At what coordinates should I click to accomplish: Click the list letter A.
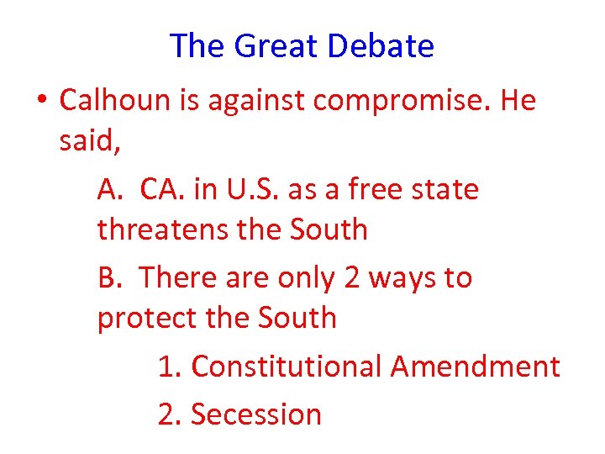tap(110, 190)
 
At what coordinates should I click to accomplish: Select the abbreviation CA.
tap(163, 190)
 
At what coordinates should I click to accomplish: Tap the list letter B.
tap(108, 277)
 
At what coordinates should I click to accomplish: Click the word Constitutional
tap(287, 367)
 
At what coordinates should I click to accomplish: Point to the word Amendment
tap(475, 367)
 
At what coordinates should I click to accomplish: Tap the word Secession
tap(255, 414)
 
